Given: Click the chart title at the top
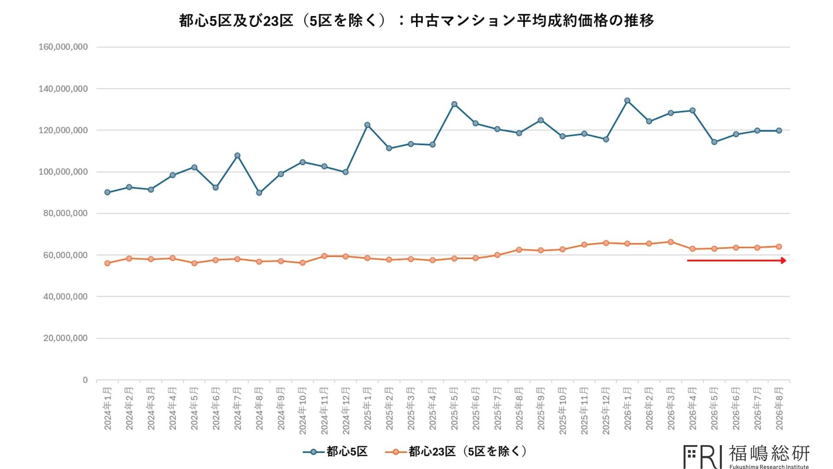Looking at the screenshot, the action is [x=416, y=20].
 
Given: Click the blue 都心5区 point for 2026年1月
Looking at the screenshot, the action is [x=627, y=101].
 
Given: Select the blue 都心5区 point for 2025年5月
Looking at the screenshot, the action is [x=454, y=104].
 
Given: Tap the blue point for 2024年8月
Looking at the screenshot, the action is [x=259, y=193].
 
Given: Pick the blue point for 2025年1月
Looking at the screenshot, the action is [x=367, y=125].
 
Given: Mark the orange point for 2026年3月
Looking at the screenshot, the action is [x=671, y=242].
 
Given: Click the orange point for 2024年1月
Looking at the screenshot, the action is [x=108, y=263].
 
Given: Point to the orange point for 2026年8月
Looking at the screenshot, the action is [x=779, y=247].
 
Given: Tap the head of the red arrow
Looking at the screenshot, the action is [x=786, y=261].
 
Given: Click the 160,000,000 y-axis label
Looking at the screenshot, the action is [x=63, y=47].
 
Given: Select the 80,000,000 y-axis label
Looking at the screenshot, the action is [x=65, y=213].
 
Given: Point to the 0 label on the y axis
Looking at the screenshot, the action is [x=85, y=380].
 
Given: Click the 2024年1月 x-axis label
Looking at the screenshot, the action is [x=108, y=409].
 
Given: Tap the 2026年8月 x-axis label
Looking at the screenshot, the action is [x=779, y=409].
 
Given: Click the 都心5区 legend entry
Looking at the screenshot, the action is [x=335, y=452].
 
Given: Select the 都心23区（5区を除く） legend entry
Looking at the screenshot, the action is [x=456, y=452].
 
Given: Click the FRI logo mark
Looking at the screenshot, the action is [x=702, y=456].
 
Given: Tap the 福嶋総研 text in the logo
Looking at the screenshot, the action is [x=769, y=453].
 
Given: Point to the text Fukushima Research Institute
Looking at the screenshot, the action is [x=769, y=467].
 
